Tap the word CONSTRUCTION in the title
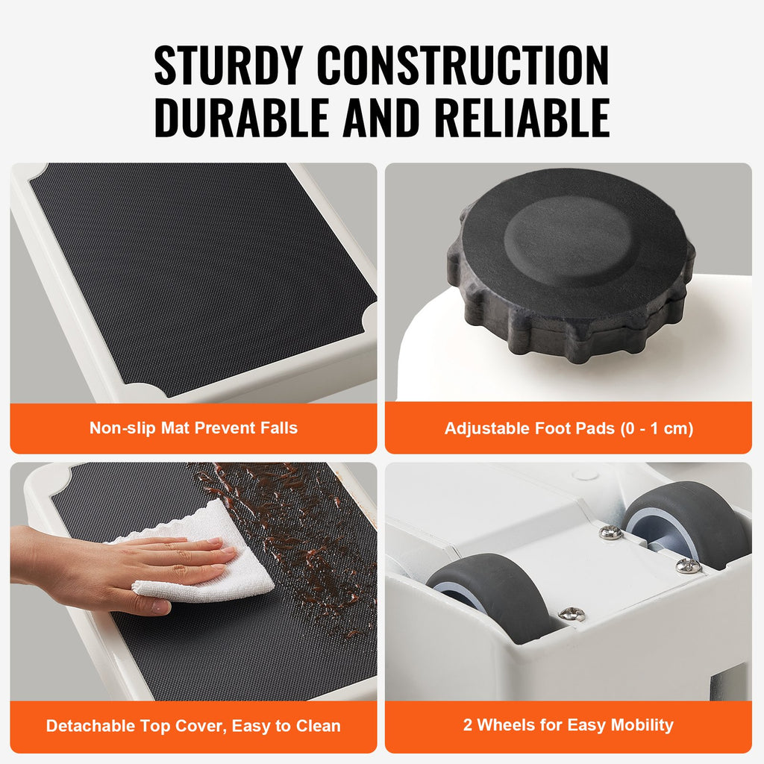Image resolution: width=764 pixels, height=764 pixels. coord(463,66)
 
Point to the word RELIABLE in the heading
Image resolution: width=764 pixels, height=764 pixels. coord(522,117)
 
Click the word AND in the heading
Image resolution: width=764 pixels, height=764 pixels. coord(381,117)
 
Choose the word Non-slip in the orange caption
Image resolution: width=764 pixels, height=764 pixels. coord(123,428)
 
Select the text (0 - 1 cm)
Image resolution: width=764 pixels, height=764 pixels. coord(657,429)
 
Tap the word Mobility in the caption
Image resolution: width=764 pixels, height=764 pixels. coord(642,725)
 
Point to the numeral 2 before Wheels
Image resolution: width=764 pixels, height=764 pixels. coord(468,725)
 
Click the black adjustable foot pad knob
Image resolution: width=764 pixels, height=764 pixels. coord(571,266)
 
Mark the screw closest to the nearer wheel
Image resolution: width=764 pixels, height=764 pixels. coord(572,614)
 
